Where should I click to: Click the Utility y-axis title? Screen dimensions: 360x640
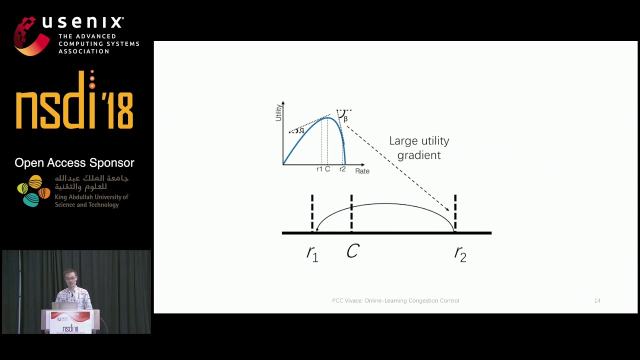[x=279, y=111]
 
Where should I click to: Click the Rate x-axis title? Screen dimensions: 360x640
[x=362, y=171]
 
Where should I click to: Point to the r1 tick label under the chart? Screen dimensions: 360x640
[x=319, y=169]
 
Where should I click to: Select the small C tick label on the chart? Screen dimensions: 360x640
[x=327, y=169]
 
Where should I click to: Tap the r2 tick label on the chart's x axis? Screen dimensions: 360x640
[x=342, y=169]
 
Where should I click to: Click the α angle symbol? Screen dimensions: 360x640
[x=301, y=130]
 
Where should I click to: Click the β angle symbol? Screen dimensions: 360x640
[x=345, y=119]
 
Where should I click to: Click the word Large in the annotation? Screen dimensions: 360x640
[x=402, y=141]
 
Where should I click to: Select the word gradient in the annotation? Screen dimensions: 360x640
[x=419, y=155]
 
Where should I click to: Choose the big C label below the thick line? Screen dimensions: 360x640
[x=352, y=251]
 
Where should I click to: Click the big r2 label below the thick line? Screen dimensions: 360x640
[x=460, y=253]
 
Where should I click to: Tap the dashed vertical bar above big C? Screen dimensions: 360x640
[x=351, y=212]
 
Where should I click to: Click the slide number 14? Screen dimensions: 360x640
[x=597, y=300]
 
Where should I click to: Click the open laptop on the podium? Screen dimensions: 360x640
[x=65, y=305]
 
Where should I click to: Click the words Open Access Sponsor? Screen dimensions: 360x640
[x=74, y=162]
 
